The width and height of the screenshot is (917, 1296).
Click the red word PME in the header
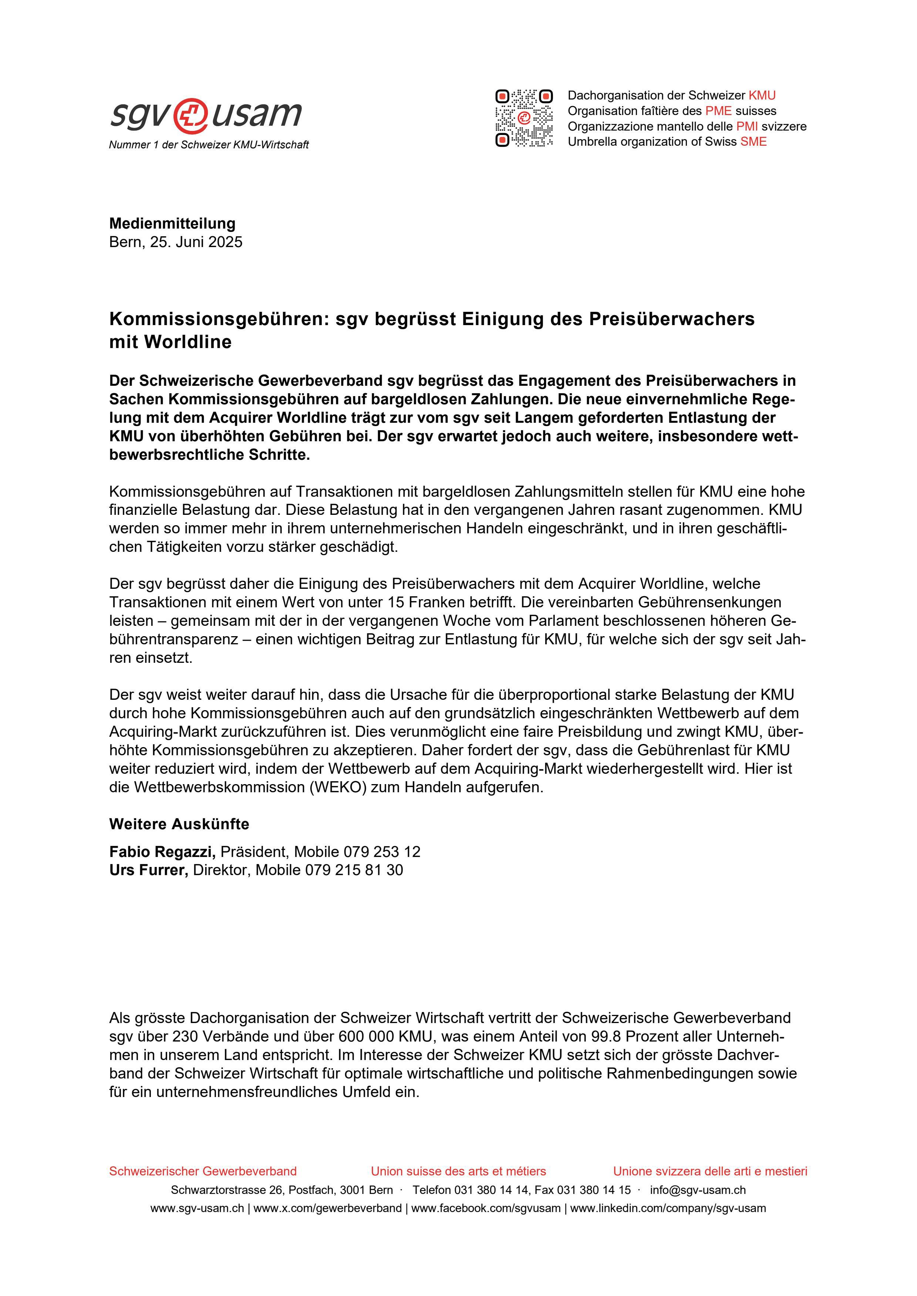click(x=718, y=111)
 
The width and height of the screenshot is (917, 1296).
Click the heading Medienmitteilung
click(x=172, y=223)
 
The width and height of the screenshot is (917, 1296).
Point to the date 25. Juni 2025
click(x=196, y=242)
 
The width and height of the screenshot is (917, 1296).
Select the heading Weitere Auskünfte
click(x=179, y=824)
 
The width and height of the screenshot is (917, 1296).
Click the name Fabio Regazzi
click(x=162, y=852)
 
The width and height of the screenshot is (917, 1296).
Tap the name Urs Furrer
click(x=148, y=870)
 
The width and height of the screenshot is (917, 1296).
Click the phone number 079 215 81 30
click(x=354, y=870)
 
